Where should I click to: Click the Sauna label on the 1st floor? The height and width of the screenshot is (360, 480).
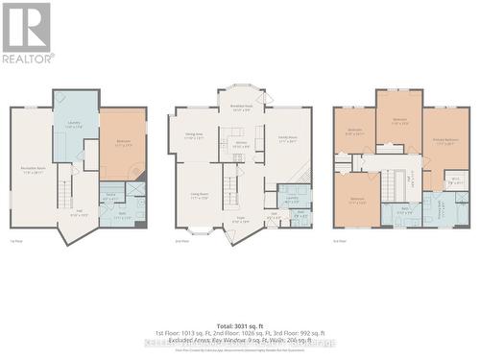point(111,197)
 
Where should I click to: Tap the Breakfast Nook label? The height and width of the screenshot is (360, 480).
point(240,108)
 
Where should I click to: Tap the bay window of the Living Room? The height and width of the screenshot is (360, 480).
point(201,230)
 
